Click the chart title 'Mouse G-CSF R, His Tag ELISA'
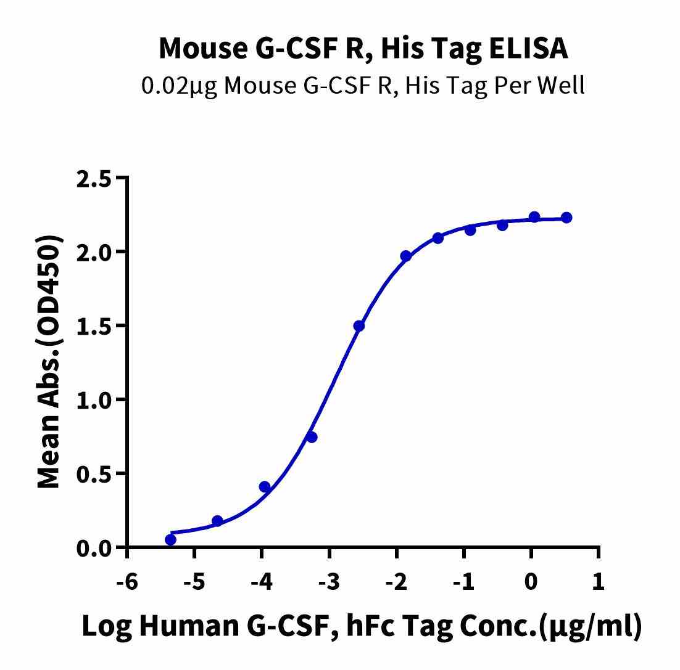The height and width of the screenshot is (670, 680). point(363,48)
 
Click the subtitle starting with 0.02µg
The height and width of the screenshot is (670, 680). point(363,85)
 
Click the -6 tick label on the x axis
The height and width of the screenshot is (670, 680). point(126,581)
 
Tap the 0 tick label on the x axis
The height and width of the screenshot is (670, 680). point(531,581)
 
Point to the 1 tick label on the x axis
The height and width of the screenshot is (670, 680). point(598,581)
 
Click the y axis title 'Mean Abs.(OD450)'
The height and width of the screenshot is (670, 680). point(49,362)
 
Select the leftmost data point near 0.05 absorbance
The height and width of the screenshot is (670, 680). point(170,540)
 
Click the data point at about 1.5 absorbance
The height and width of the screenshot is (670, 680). point(359,325)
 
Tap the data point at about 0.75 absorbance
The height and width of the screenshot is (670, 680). point(312,437)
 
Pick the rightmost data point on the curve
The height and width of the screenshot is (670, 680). point(566,218)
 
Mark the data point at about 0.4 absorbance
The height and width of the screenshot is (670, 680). point(265,487)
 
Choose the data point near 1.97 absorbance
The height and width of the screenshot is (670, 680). point(405,256)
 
